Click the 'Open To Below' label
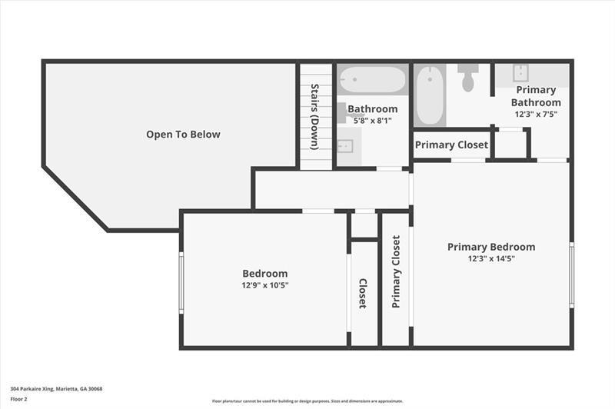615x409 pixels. pyautogui.click(x=183, y=135)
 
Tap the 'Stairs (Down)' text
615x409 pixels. pyautogui.click(x=314, y=117)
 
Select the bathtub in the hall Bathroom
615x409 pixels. pyautogui.click(x=372, y=80)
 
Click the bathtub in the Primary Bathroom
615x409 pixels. pyautogui.click(x=430, y=95)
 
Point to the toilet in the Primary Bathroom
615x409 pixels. pyautogui.click(x=468, y=78)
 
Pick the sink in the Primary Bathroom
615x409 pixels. pyautogui.click(x=521, y=73)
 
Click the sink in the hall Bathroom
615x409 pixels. pyautogui.click(x=345, y=146)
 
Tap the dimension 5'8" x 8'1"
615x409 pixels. pyautogui.click(x=373, y=121)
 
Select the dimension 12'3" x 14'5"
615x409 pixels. pyautogui.click(x=491, y=259)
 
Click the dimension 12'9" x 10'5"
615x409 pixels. pyautogui.click(x=265, y=285)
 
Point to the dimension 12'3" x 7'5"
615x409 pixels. pyautogui.click(x=536, y=114)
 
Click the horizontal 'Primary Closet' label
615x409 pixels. pyautogui.click(x=451, y=145)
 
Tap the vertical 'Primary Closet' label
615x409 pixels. pyautogui.click(x=396, y=271)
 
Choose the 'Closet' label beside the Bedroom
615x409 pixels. pyautogui.click(x=363, y=294)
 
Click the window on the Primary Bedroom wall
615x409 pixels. pyautogui.click(x=571, y=274)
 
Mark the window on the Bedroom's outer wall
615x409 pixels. pyautogui.click(x=181, y=282)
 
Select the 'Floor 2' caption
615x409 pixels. pyautogui.click(x=18, y=399)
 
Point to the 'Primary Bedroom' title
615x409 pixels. pyautogui.click(x=491, y=247)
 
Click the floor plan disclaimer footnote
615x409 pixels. pyautogui.click(x=307, y=401)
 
